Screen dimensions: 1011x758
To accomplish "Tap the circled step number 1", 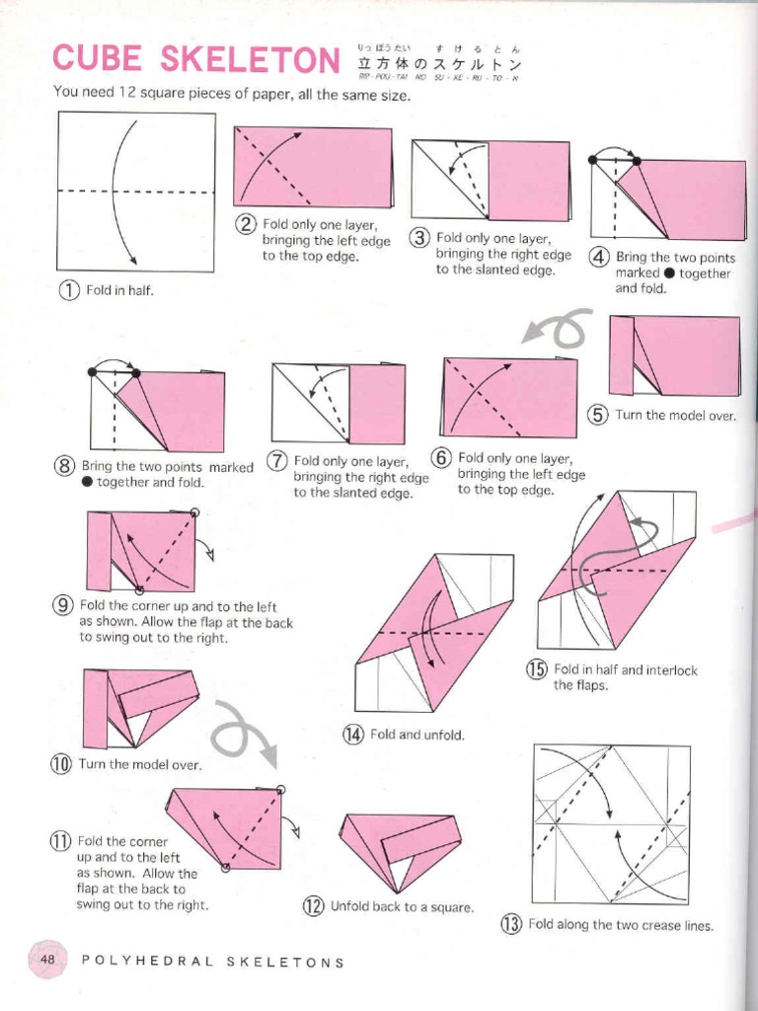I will click(68, 290).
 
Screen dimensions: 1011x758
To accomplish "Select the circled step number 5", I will click(598, 415).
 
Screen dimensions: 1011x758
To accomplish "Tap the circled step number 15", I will click(536, 670).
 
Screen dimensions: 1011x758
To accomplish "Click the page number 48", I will click(47, 959).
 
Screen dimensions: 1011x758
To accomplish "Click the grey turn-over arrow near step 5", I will click(558, 329).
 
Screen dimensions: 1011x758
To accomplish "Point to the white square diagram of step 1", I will click(136, 192).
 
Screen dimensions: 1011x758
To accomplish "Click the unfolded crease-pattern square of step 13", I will click(611, 823).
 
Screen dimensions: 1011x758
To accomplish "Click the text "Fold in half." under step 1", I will click(119, 291).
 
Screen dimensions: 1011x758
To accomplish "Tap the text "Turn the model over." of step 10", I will click(139, 764).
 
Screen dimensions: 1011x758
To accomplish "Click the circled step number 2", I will click(245, 225).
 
